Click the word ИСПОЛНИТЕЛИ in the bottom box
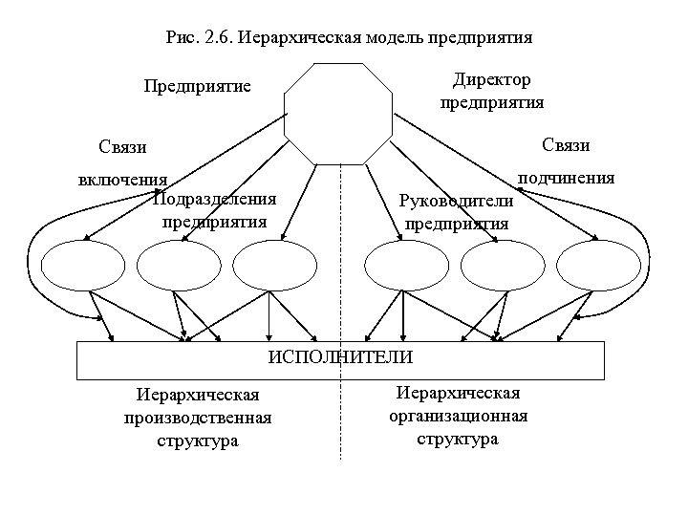pyautogui.click(x=340, y=357)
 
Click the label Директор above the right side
pyautogui.click(x=492, y=79)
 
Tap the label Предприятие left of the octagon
pyautogui.click(x=197, y=87)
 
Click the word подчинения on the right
pyautogui.click(x=566, y=178)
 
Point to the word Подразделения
pyautogui.click(x=215, y=200)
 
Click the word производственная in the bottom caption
pyautogui.click(x=197, y=418)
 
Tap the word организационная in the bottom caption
pyautogui.click(x=457, y=417)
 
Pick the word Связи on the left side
pyautogui.click(x=122, y=147)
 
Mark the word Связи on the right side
pyautogui.click(x=566, y=144)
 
